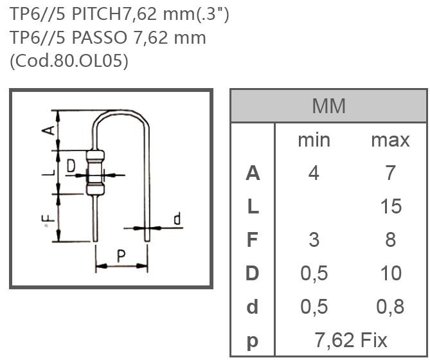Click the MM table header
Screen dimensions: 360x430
tap(328, 105)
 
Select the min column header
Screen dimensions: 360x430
tap(314, 139)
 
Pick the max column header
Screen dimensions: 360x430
tap(390, 139)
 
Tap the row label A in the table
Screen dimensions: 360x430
tap(253, 173)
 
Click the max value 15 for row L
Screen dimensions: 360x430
tap(390, 206)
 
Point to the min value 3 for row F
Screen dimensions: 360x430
tap(314, 240)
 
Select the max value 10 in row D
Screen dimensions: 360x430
tap(390, 273)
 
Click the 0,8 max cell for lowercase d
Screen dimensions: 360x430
tap(390, 307)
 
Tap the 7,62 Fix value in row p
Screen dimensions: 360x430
tap(351, 339)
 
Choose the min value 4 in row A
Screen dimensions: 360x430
tap(314, 173)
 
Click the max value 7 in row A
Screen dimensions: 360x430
tap(390, 173)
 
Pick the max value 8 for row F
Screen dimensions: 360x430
tap(390, 240)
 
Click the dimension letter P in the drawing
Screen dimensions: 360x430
tap(121, 256)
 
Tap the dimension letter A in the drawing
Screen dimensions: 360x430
tap(47, 130)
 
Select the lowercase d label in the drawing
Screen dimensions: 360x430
tap(177, 220)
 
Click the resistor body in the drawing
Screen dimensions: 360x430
tap(95, 172)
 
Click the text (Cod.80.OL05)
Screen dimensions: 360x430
tap(69, 60)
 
